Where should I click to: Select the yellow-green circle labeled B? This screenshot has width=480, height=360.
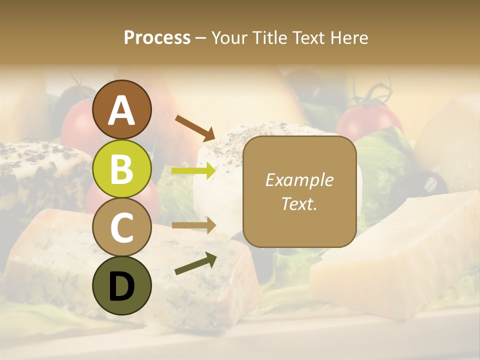[122, 169]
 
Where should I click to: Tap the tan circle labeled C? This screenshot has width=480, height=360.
[122, 227]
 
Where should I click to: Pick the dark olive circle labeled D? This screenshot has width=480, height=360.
[122, 285]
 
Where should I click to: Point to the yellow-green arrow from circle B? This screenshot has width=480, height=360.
[193, 171]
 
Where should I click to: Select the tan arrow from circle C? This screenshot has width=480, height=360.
[193, 225]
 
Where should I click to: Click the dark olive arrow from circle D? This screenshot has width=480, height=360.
[195, 263]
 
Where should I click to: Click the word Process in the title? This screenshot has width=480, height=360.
[157, 37]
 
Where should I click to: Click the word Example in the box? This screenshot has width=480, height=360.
[299, 180]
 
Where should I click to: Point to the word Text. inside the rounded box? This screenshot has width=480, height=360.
[299, 204]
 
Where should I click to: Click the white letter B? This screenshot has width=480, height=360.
[122, 169]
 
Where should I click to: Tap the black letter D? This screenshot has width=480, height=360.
[122, 286]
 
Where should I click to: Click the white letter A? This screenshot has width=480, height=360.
[122, 110]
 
